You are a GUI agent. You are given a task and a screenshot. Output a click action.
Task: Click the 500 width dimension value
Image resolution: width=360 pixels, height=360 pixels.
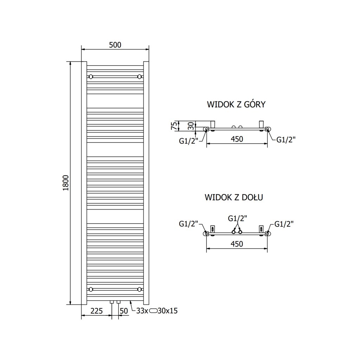115,45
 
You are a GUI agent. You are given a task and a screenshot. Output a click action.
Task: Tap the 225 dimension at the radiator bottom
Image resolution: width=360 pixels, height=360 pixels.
96,311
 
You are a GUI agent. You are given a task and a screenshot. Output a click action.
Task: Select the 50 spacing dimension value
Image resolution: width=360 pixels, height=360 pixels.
124,311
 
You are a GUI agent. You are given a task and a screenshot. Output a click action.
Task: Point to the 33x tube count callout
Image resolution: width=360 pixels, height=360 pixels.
142,311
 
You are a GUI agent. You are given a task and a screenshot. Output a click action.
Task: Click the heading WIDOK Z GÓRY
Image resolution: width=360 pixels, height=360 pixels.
236,104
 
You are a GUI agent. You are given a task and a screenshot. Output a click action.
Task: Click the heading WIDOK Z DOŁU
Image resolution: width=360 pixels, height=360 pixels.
234,197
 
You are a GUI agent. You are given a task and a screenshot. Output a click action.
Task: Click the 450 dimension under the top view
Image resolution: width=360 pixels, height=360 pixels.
237,139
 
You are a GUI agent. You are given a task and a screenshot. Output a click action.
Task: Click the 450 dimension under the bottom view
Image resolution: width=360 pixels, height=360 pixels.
237,244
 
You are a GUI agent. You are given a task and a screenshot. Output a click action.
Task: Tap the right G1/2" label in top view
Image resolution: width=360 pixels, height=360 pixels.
286,140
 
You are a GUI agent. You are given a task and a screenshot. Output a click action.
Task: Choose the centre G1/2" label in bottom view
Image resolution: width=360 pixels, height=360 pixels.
237,218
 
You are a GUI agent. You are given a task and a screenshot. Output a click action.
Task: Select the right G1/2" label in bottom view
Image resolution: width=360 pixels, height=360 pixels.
284,224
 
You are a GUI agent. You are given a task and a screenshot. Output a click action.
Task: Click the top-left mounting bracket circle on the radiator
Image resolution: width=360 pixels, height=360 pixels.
91,77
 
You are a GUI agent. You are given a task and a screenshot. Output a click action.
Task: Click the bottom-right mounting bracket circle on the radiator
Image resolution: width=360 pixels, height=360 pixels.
140,289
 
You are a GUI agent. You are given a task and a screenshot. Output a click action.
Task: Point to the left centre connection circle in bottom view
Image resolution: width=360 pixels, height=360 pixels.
233,232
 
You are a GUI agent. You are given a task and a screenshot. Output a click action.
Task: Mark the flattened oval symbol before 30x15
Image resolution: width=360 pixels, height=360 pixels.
154,311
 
